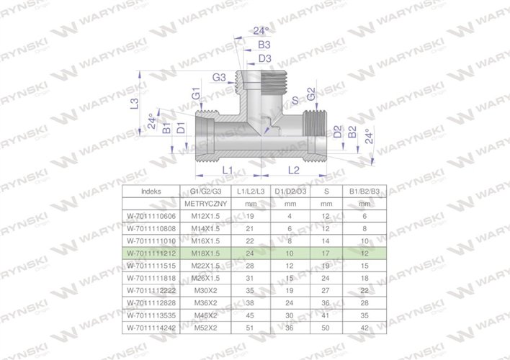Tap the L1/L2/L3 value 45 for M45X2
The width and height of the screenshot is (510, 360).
pyautogui.click(x=251, y=316)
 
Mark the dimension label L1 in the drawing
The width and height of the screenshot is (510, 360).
pyautogui.click(x=226, y=170)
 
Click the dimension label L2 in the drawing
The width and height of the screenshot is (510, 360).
pyautogui.click(x=295, y=170)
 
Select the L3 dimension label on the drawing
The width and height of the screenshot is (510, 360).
pyautogui.click(x=133, y=104)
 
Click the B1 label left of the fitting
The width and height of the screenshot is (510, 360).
pyautogui.click(x=166, y=129)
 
